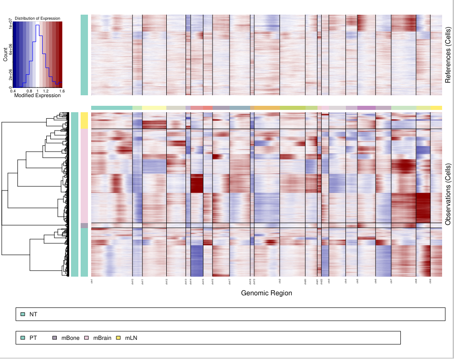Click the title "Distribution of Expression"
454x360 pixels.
click(38, 18)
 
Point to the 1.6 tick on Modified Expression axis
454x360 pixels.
click(60, 91)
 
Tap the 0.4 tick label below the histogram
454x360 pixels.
click(13, 91)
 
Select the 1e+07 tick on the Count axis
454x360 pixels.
click(10, 27)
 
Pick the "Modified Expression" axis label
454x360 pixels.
click(38, 96)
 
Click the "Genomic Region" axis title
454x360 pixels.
click(266, 293)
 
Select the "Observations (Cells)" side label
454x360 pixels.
click(448, 194)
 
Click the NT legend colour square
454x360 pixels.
click(22, 314)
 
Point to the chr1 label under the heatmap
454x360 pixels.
click(92, 281)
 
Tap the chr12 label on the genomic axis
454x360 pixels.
click(166, 282)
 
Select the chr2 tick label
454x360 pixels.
click(279, 281)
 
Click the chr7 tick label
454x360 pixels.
click(391, 281)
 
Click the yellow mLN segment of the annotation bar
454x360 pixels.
click(84, 120)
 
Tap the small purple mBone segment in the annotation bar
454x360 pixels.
click(84, 225)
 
